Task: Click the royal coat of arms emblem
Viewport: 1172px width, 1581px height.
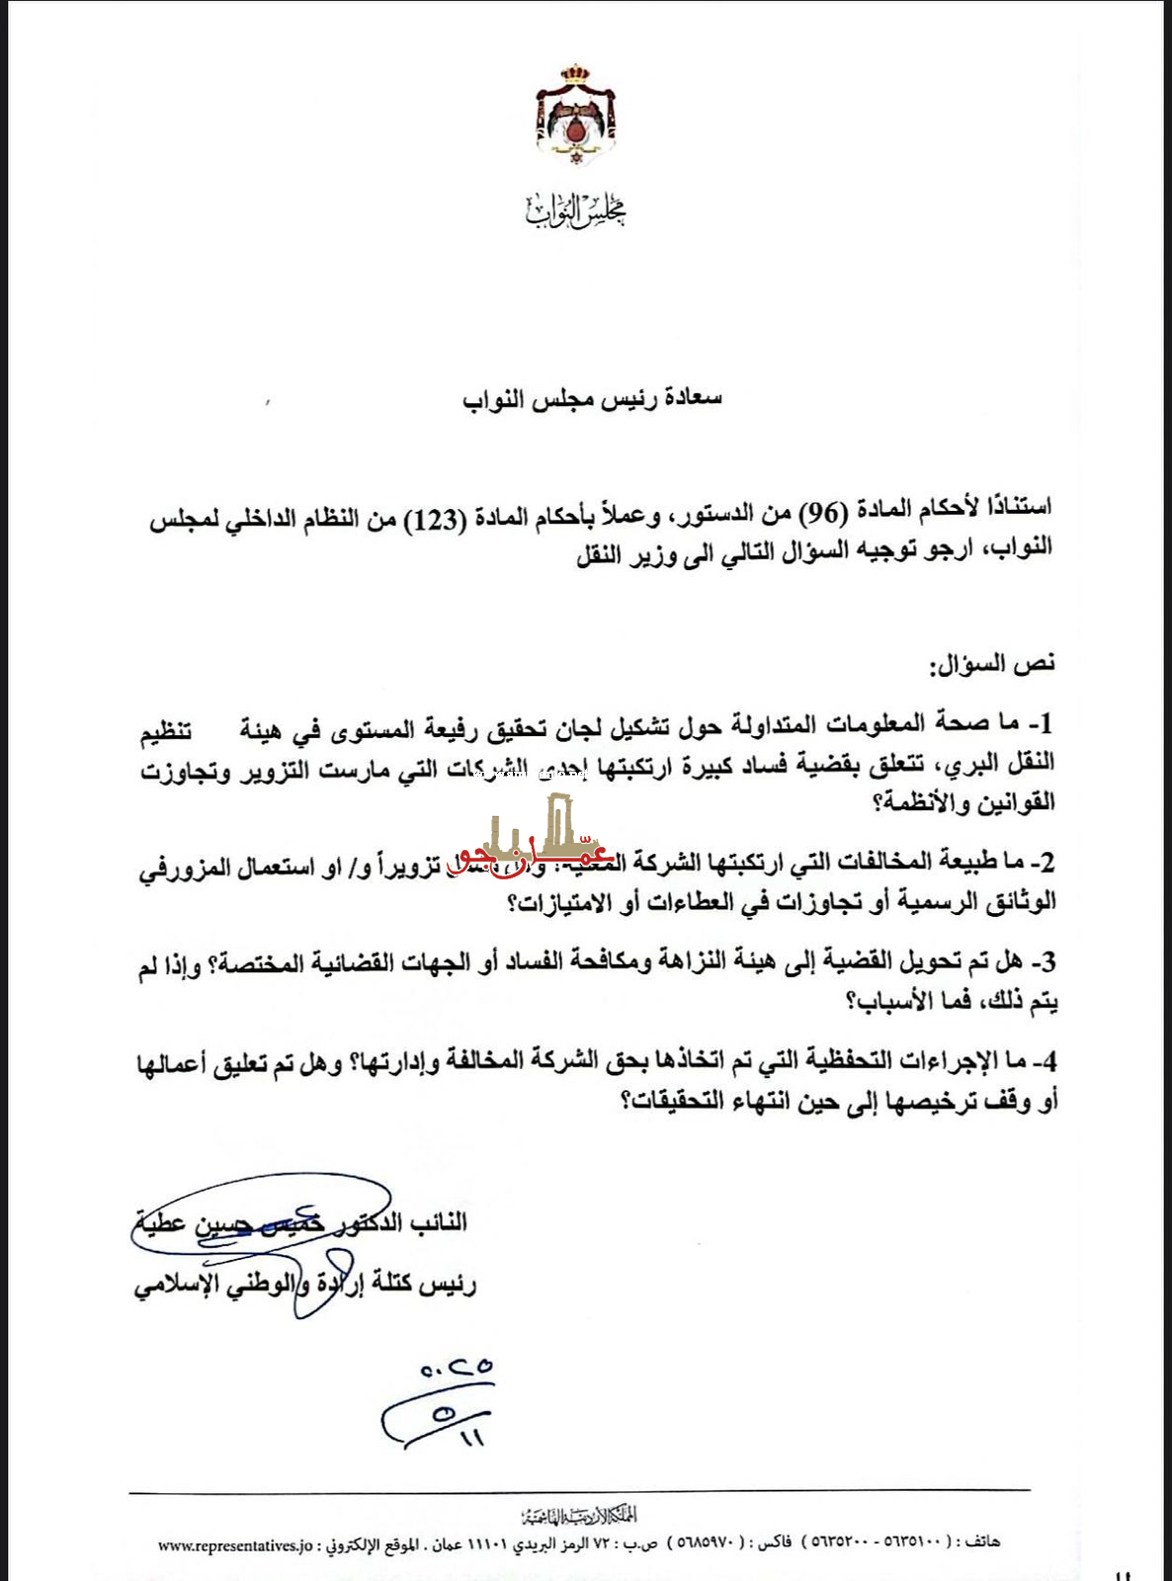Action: (575, 115)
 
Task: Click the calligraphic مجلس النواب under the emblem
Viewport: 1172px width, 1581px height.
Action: (576, 209)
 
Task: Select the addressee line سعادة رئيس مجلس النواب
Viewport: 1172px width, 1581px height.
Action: (592, 398)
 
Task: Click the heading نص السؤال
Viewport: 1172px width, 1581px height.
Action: (992, 664)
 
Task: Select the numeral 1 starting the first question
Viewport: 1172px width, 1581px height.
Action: (1046, 723)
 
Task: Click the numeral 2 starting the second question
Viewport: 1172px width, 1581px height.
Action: (1046, 862)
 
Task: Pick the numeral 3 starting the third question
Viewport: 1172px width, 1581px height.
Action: (1047, 960)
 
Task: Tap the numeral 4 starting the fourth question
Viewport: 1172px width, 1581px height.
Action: (1047, 1061)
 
